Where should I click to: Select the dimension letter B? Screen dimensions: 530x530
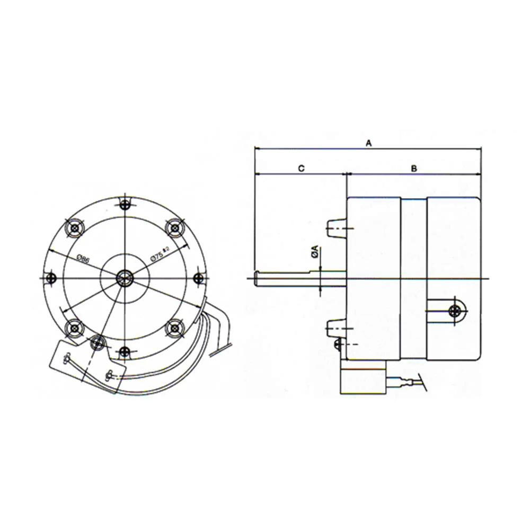[x=414, y=168]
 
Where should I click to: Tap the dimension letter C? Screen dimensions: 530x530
[x=300, y=168]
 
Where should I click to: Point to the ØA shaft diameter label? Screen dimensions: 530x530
[x=315, y=252]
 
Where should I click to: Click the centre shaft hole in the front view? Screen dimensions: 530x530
[x=125, y=276]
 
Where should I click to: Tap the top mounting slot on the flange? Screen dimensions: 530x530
[x=125, y=205]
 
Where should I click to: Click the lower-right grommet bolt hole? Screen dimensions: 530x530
[x=174, y=329]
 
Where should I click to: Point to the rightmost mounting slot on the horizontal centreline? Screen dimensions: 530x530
[x=199, y=277]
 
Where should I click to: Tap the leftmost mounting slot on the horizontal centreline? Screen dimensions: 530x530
[x=51, y=277]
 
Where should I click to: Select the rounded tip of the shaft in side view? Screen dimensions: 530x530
[x=257, y=278]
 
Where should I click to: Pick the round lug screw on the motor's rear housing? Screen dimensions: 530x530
[x=455, y=311]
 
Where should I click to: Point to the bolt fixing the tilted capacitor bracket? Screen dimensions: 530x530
[x=97, y=342]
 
